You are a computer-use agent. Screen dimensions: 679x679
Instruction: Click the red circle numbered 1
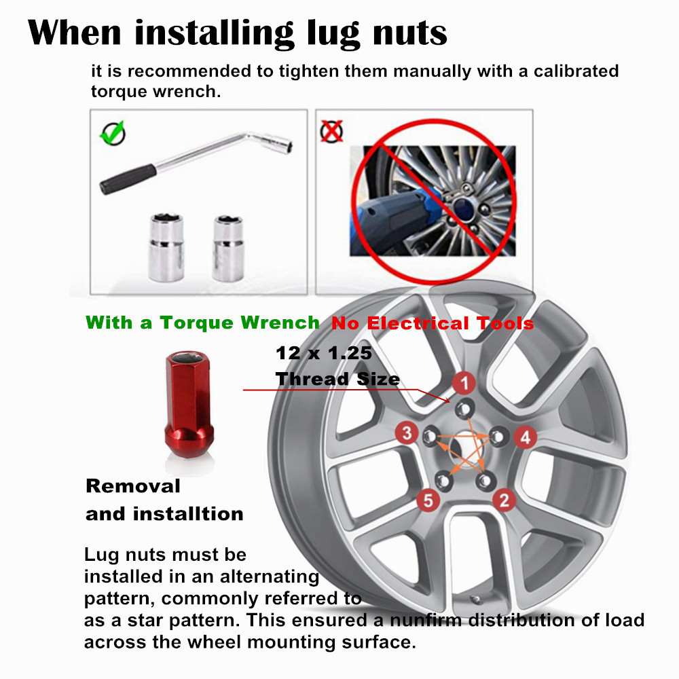464,384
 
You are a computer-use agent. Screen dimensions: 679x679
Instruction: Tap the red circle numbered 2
504,500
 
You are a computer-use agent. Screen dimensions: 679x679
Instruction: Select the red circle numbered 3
407,433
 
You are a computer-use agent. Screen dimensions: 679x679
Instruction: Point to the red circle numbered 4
525,437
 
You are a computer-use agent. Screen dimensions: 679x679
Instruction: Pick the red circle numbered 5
427,501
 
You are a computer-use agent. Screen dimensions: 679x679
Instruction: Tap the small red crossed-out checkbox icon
332,130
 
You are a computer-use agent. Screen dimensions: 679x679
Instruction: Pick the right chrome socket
227,248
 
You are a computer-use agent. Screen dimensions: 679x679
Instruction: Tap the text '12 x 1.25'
325,353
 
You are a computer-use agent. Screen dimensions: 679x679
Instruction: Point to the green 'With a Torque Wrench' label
202,323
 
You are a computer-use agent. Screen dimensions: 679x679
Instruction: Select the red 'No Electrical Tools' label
433,323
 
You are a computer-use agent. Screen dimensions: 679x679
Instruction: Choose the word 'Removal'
133,486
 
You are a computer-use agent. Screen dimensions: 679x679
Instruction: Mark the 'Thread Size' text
337,379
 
